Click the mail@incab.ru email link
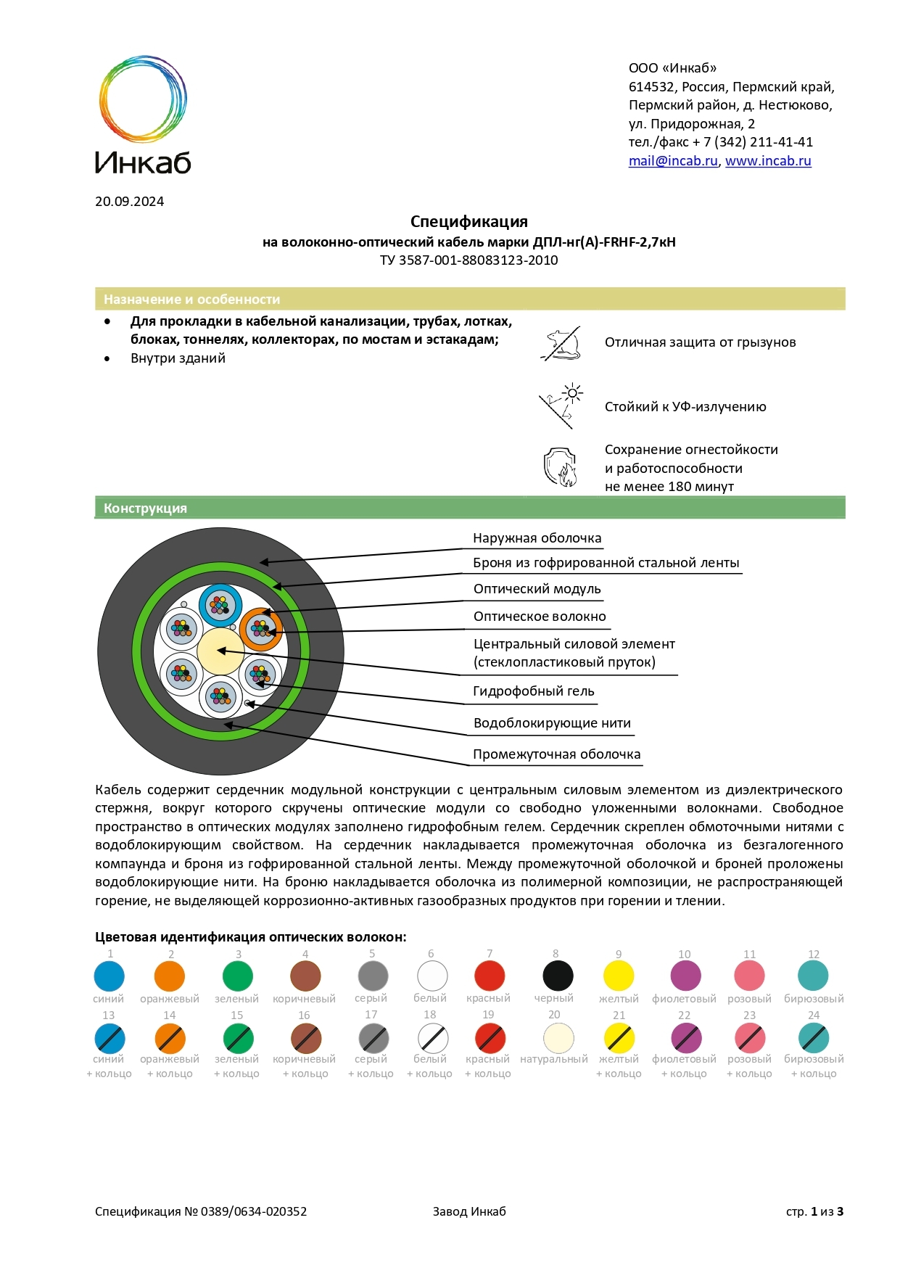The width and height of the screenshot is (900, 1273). click(672, 161)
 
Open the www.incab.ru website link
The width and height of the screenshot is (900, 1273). click(767, 161)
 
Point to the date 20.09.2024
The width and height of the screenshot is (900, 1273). click(129, 202)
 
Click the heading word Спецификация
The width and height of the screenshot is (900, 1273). click(468, 222)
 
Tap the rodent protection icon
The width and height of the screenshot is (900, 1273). click(561, 344)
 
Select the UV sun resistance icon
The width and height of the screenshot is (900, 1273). click(561, 405)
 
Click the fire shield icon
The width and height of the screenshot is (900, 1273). click(560, 466)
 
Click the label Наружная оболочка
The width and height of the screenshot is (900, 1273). click(537, 538)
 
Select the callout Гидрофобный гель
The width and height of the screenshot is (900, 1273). click(533, 691)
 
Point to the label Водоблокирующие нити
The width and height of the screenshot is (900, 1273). click(552, 723)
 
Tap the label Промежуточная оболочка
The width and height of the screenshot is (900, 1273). click(556, 754)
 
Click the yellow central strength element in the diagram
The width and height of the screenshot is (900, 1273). click(220, 651)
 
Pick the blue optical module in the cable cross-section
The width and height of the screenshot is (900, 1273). click(220, 605)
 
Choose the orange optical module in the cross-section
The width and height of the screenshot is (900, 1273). click(260, 629)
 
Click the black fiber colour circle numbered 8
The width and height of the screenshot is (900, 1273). click(558, 976)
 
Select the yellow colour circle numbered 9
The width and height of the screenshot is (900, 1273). click(619, 976)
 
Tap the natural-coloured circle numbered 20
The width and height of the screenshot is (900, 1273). click(558, 1037)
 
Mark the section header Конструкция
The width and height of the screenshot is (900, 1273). click(145, 508)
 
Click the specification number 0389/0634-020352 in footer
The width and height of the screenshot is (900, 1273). click(254, 1211)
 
